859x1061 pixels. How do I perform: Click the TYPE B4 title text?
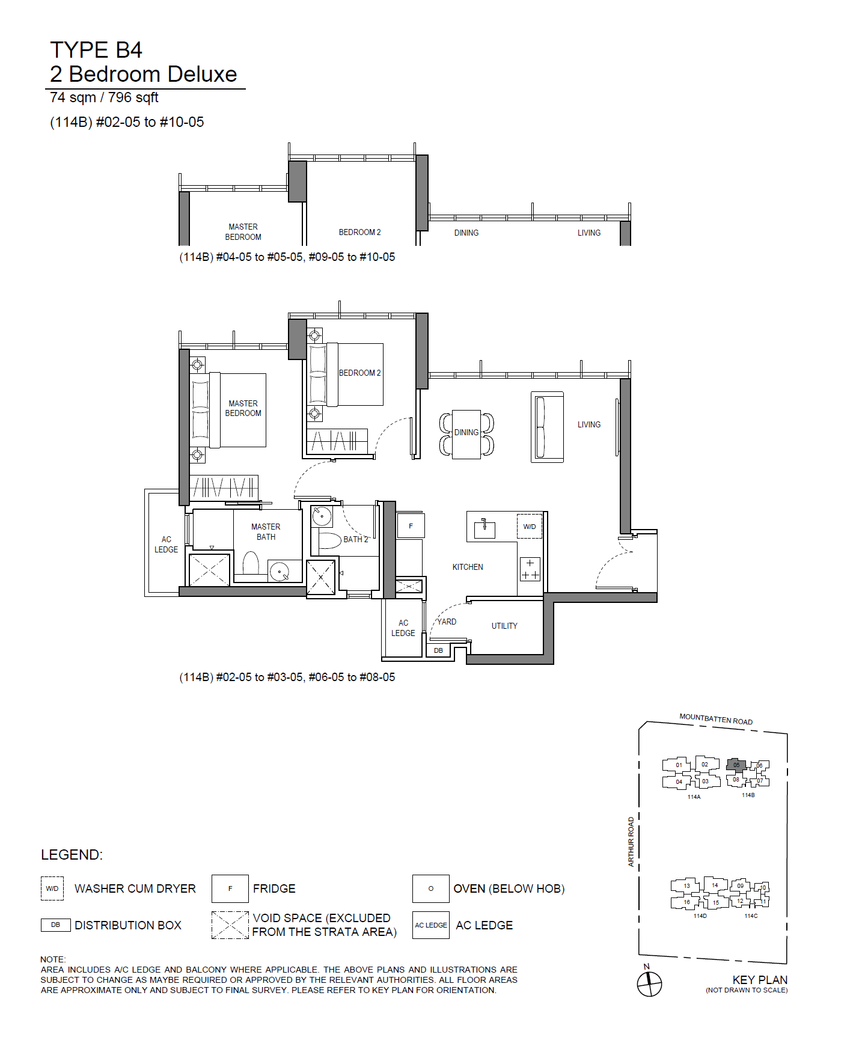pyautogui.click(x=96, y=50)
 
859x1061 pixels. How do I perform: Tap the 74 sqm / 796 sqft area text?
pyautogui.click(x=104, y=97)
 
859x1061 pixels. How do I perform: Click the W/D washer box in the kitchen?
pyautogui.click(x=530, y=527)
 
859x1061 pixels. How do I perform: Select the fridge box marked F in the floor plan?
pyautogui.click(x=411, y=526)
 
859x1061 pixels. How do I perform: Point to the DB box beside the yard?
pyautogui.click(x=439, y=650)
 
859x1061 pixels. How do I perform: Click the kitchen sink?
pyautogui.click(x=484, y=529)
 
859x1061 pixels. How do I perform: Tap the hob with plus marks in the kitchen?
pyautogui.click(x=530, y=569)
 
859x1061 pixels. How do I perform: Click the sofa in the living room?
pyautogui.click(x=547, y=427)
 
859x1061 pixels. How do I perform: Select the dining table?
pyautogui.click(x=466, y=434)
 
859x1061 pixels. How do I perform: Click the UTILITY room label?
pyautogui.click(x=504, y=626)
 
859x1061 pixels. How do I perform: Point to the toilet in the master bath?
pyautogui.click(x=251, y=564)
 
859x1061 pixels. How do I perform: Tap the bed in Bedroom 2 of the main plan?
pyautogui.click(x=346, y=375)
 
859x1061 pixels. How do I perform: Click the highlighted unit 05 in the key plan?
pyautogui.click(x=736, y=765)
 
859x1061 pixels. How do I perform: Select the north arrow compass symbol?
pyautogui.click(x=649, y=984)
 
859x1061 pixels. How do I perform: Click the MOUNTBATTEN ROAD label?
pyautogui.click(x=716, y=719)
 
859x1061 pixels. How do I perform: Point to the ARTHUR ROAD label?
pyautogui.click(x=631, y=842)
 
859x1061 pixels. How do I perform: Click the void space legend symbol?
pyautogui.click(x=230, y=925)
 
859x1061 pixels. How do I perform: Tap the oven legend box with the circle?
pyautogui.click(x=431, y=888)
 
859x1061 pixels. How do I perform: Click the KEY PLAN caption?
pyautogui.click(x=760, y=980)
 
